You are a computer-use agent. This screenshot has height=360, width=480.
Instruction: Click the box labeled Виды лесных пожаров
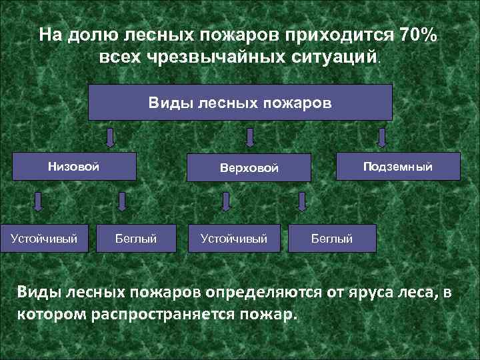240,103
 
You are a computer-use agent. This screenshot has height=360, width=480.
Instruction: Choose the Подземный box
398,167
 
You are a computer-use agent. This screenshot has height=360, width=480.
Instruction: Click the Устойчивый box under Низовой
44,237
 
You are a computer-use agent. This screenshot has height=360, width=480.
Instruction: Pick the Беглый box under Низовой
136,237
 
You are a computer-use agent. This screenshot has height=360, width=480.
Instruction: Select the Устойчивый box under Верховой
229,237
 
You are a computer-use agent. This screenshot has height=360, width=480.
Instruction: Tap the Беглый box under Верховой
332,237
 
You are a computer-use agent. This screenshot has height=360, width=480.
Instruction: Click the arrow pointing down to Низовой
111,137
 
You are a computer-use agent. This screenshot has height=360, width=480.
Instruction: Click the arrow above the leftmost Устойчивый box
38,202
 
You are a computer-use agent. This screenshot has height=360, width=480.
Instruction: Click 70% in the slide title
417,34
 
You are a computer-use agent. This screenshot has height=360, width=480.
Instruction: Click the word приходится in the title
343,34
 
